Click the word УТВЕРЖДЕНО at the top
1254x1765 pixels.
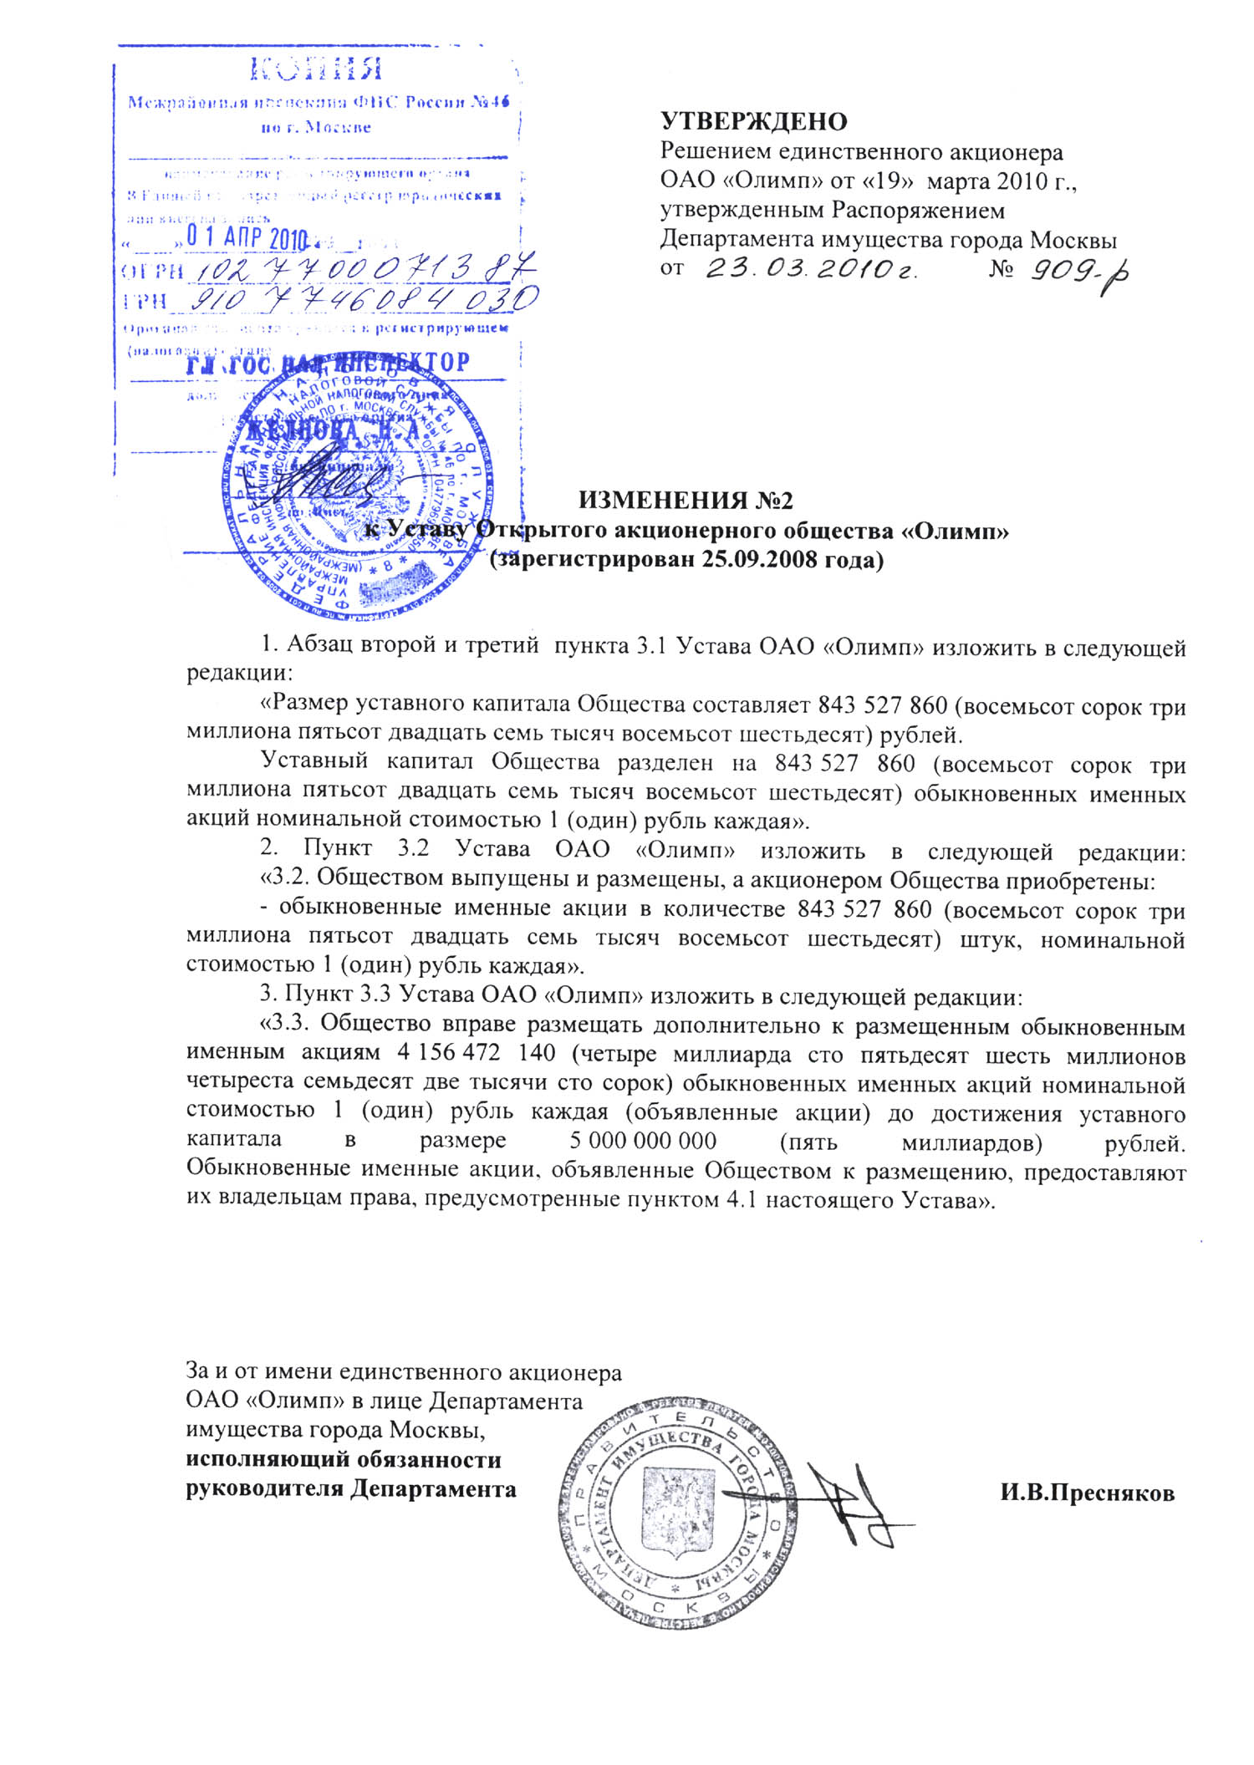pos(753,122)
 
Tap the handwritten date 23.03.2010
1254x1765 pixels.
pos(811,270)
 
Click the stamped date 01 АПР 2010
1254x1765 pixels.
pos(247,238)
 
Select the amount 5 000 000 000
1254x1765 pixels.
pos(643,1141)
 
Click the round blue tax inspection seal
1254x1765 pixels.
pos(355,485)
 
